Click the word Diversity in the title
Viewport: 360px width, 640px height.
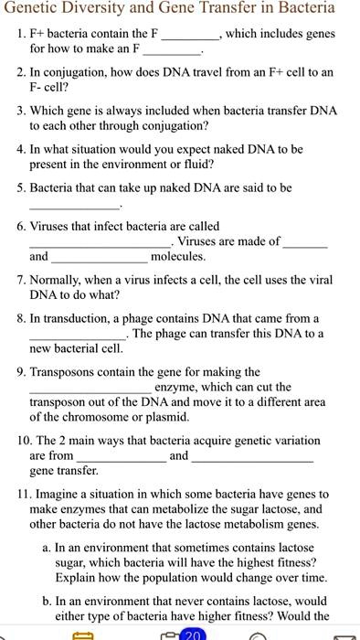click(106, 9)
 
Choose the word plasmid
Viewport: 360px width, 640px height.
click(165, 416)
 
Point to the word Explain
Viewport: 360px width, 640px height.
click(80, 580)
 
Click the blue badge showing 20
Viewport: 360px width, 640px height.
click(193, 635)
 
